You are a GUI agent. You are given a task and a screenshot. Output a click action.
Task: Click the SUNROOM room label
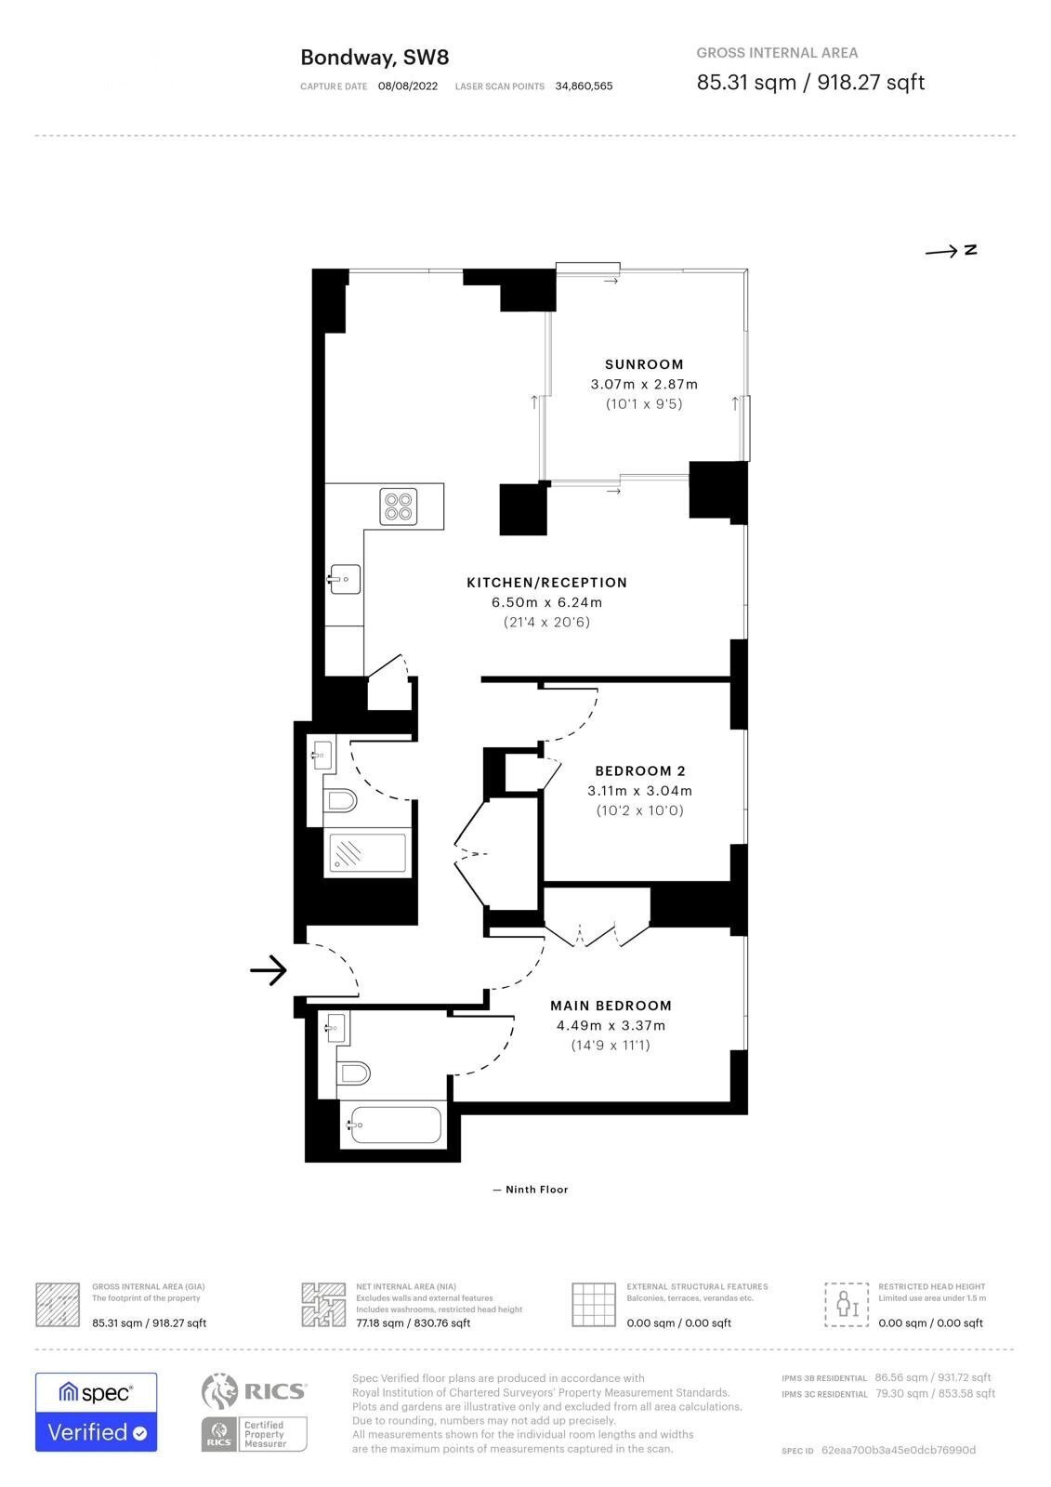click(643, 364)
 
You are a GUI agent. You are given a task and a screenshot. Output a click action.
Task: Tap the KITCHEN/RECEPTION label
click(546, 583)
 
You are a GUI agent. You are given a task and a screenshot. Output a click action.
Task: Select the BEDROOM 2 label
click(639, 771)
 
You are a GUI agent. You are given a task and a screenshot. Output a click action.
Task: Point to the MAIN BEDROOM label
click(611, 1006)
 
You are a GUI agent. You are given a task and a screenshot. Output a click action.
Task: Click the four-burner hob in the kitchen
click(399, 507)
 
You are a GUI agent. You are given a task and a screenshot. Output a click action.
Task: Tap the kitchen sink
click(345, 579)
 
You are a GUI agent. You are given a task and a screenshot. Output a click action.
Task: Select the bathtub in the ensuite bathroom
click(394, 1125)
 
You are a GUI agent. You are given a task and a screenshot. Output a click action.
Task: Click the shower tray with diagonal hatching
click(367, 852)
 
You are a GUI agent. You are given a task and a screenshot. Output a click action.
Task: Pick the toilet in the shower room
click(340, 800)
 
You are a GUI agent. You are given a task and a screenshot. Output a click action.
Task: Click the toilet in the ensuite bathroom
click(353, 1073)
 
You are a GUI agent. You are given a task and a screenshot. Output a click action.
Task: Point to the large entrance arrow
click(269, 970)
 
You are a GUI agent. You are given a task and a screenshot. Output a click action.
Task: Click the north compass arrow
click(941, 252)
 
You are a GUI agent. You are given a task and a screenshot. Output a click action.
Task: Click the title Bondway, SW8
click(374, 58)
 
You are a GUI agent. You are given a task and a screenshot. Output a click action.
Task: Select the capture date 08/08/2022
click(408, 86)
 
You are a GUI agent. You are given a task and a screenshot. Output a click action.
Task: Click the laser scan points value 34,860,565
click(584, 86)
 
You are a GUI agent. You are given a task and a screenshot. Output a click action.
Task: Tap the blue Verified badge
click(97, 1432)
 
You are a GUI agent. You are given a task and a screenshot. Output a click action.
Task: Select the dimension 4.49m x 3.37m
click(611, 1026)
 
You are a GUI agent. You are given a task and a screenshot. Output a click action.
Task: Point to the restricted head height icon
click(847, 1305)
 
